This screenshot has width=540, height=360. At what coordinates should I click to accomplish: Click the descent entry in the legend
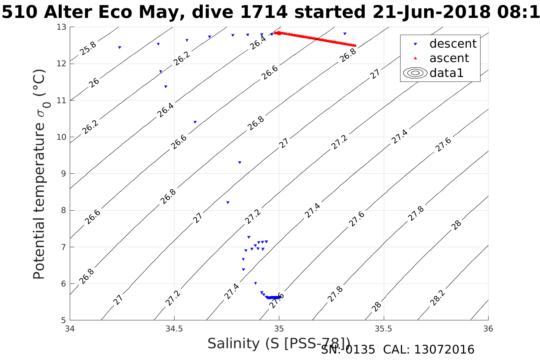coord(453,44)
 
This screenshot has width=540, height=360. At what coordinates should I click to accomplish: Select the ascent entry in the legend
coord(449,58)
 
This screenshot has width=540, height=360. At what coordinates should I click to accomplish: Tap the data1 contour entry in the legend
coord(446,73)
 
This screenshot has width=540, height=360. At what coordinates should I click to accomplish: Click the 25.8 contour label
coord(88,48)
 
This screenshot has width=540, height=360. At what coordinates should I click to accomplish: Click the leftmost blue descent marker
coord(120,48)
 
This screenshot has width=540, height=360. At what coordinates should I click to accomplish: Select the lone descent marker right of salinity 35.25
coord(345,34)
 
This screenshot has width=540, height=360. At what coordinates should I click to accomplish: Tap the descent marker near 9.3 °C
coord(240,163)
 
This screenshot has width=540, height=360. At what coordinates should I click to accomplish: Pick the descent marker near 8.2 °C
coord(228,203)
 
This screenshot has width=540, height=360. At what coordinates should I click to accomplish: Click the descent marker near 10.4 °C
coord(195,122)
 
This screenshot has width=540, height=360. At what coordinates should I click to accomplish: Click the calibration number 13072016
coord(444,350)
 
